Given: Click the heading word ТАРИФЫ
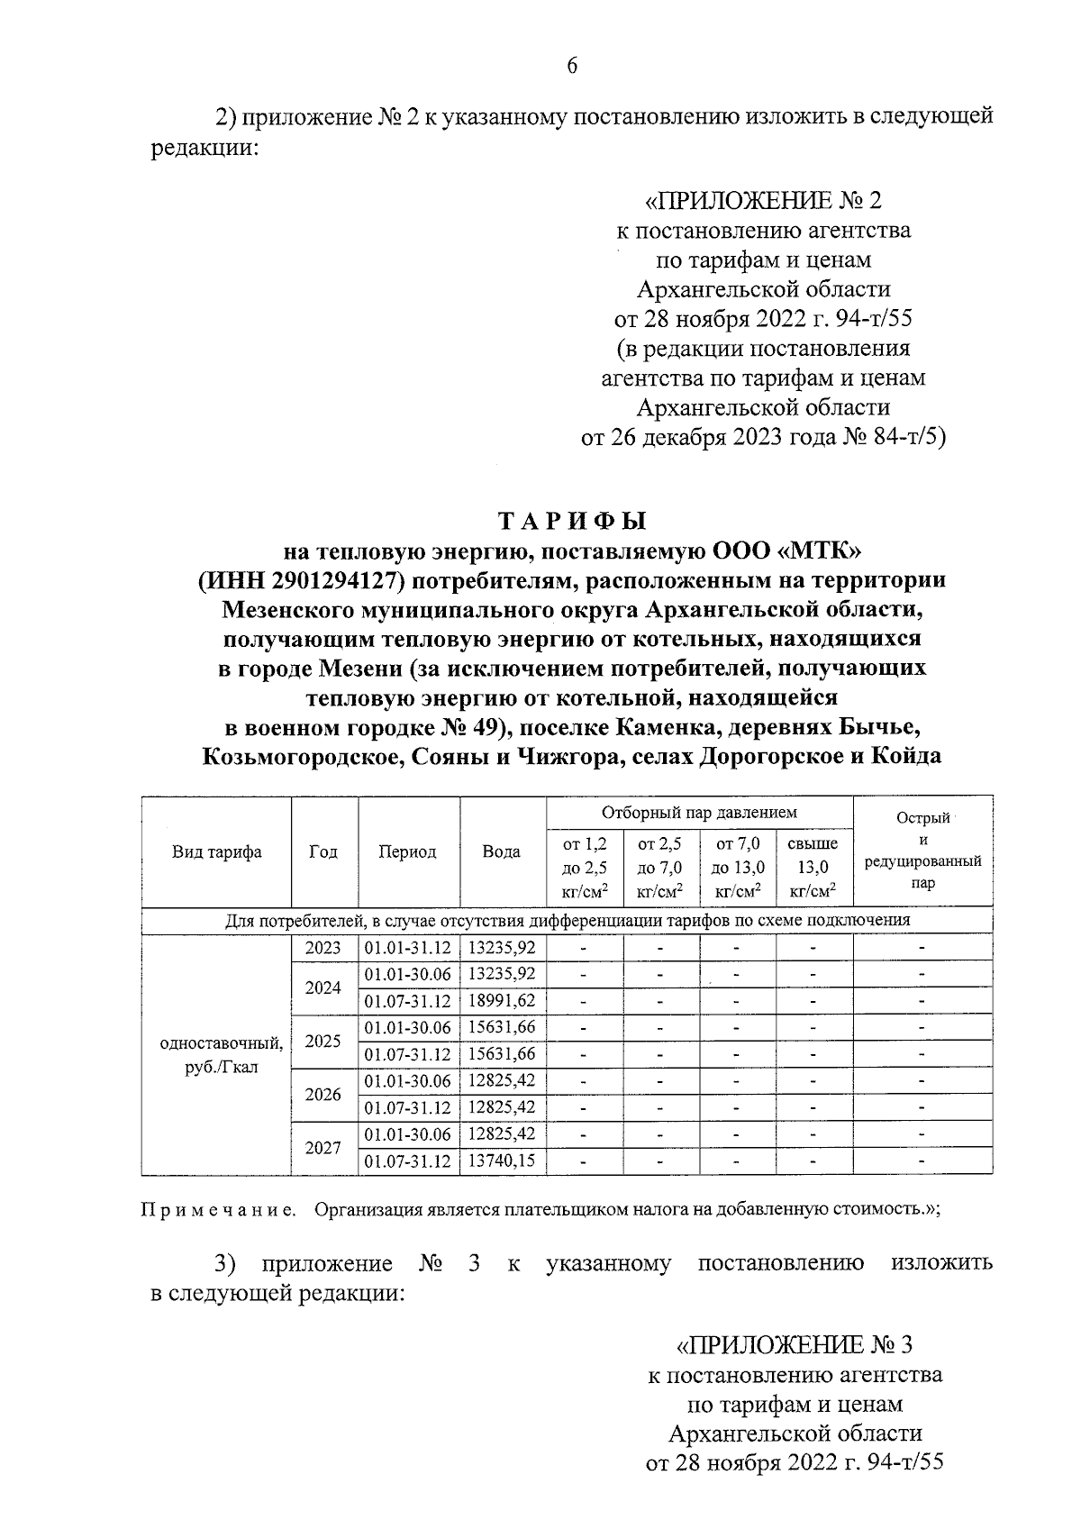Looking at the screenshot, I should tap(573, 522).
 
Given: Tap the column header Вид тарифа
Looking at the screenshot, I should tap(216, 851).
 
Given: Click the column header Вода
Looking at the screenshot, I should tap(502, 851).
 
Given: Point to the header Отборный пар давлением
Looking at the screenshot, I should tap(699, 813).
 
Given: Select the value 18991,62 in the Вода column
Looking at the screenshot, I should tap(503, 1001).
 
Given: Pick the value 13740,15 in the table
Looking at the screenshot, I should tap(503, 1161).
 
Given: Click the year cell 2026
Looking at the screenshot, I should tap(323, 1095).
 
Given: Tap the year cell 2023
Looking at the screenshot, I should tap(323, 948).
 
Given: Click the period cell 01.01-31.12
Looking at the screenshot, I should tap(407, 948).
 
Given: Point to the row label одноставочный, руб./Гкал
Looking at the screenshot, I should tap(221, 1055).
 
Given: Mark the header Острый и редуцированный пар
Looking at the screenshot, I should tap(922, 851).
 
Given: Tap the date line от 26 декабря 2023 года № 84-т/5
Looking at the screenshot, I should tap(763, 438).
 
